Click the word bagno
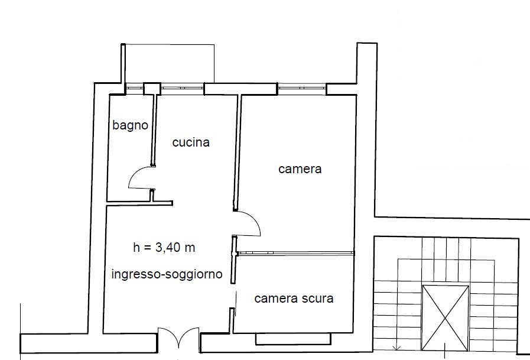130,125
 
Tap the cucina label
191,142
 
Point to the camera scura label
294,299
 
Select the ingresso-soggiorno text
167,274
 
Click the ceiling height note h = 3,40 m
164,248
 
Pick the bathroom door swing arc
134,175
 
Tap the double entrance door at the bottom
178,336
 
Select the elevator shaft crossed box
446,318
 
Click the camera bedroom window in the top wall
302,89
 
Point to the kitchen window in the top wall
182,88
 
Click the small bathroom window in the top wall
135,88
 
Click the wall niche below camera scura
293,339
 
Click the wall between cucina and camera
238,152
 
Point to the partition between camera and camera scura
295,253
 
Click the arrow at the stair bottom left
397,347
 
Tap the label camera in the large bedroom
300,169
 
